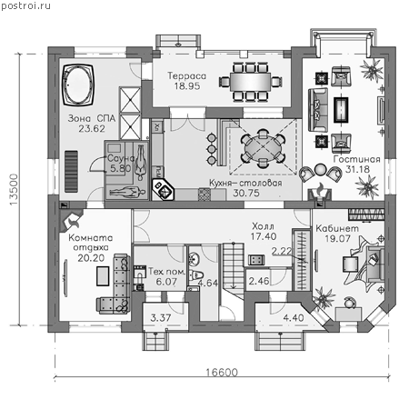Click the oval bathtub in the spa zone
(77, 85)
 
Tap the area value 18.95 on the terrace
(187, 86)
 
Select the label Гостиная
(356, 159)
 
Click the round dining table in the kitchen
(263, 148)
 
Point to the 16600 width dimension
(222, 372)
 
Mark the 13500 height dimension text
(14, 190)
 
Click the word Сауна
(121, 158)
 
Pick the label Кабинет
(337, 228)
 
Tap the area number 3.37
(161, 318)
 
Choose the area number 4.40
(294, 318)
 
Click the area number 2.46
(259, 281)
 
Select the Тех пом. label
(167, 272)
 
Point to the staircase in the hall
(234, 271)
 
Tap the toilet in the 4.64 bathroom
(196, 274)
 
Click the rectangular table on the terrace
(250, 82)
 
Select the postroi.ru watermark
(25, 5)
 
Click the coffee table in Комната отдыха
(103, 276)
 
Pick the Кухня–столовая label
(245, 183)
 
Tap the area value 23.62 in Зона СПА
(92, 129)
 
